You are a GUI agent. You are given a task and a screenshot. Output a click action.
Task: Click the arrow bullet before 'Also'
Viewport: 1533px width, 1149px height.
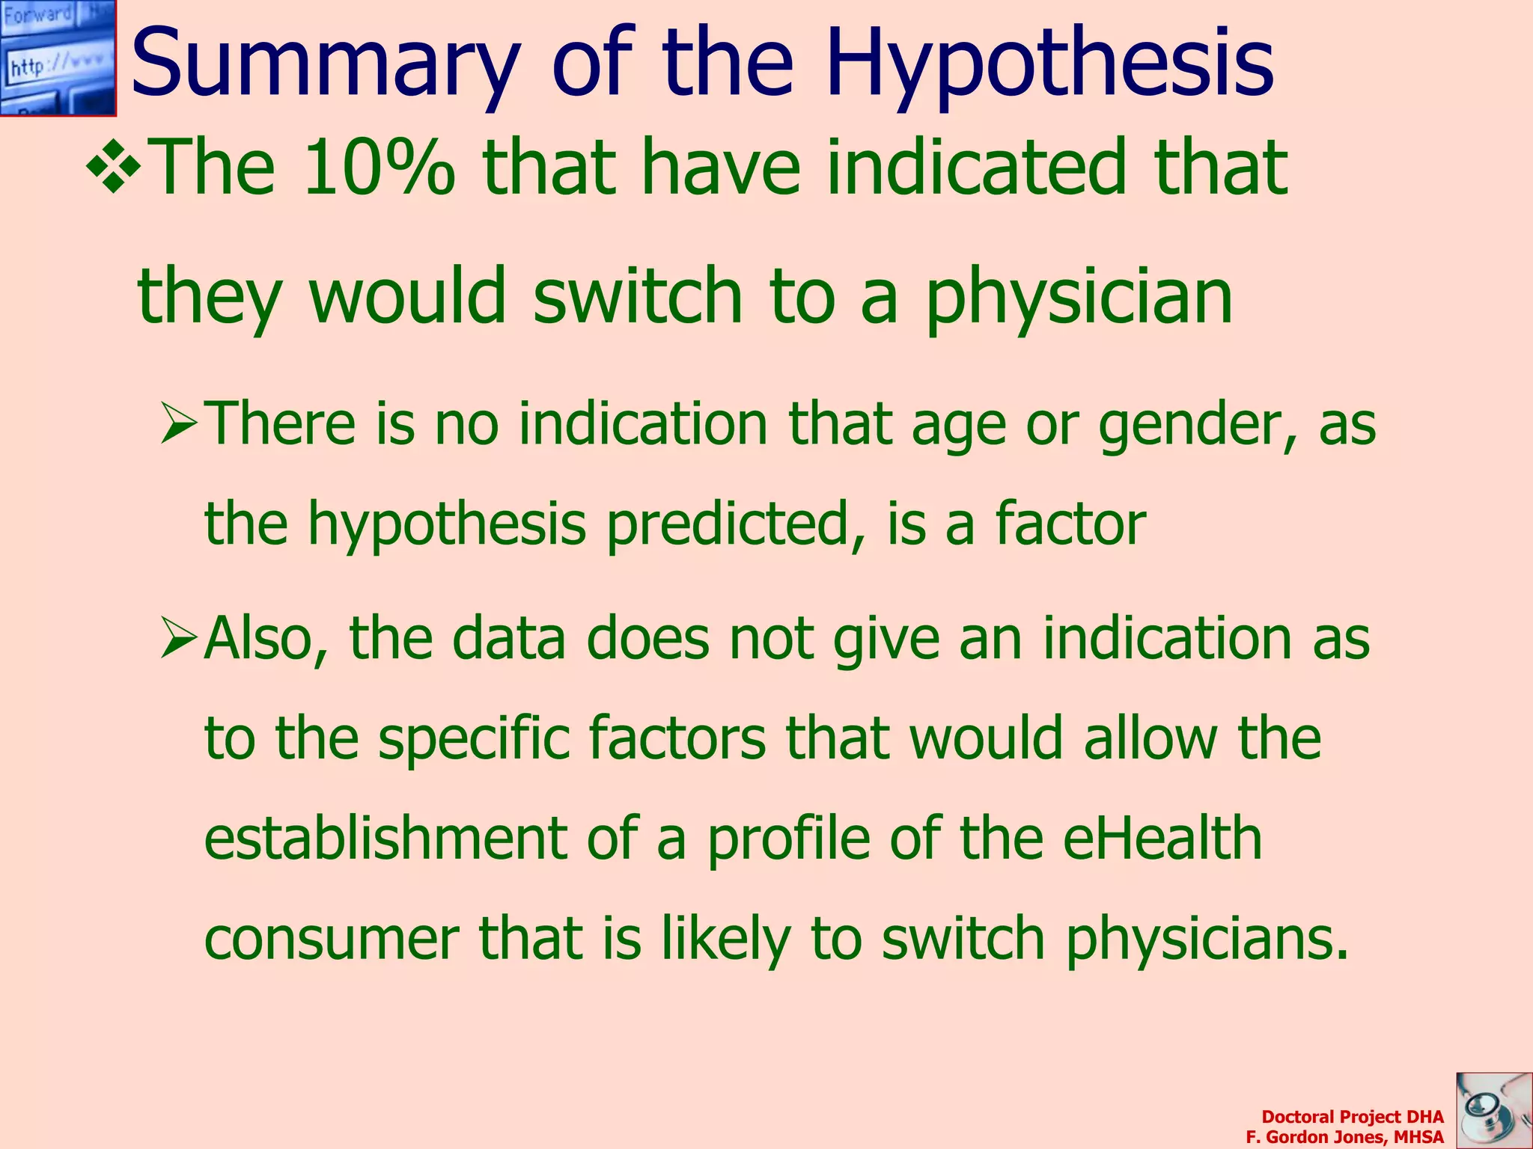coord(179,640)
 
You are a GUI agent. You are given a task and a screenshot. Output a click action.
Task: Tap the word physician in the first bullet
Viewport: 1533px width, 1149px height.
coord(1079,298)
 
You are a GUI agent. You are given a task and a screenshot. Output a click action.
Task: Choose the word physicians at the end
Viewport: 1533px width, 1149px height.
coord(1206,939)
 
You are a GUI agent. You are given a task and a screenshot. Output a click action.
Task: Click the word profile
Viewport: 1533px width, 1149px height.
coord(790,838)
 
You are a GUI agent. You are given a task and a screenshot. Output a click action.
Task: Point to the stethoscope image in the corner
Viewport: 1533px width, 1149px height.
coord(1493,1110)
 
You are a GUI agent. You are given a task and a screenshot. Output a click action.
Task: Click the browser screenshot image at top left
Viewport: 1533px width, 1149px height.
coord(58,58)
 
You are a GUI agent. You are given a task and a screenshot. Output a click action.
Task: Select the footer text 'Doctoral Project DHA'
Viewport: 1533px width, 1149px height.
coord(1352,1117)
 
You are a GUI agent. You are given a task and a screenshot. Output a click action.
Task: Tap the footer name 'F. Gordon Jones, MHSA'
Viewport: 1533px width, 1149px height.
coord(1344,1138)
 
